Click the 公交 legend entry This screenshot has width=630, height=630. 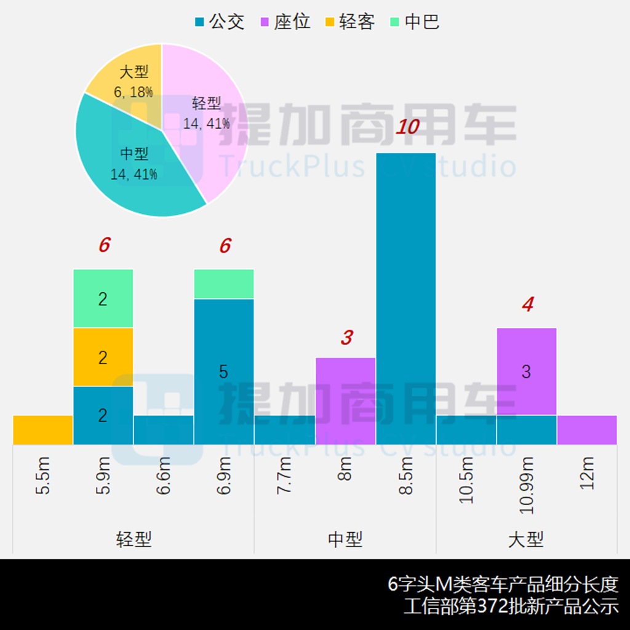[220, 22]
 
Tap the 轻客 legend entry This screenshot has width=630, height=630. [349, 22]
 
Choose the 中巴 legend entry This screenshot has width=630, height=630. [415, 22]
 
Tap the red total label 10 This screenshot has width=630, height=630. [407, 127]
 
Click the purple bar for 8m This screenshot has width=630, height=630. [345, 401]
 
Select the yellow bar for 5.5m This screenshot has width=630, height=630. [42, 429]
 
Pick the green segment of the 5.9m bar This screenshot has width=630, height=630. [103, 298]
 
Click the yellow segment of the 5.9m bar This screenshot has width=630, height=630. [103, 357]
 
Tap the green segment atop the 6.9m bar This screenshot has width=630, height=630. [224, 284]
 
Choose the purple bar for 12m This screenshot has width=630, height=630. [587, 429]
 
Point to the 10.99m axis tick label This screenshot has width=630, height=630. [527, 486]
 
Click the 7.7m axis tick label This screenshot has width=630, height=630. [285, 476]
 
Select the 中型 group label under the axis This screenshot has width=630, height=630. [345, 540]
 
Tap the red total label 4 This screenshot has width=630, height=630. [527, 305]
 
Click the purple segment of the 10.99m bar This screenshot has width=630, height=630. [527, 371]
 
